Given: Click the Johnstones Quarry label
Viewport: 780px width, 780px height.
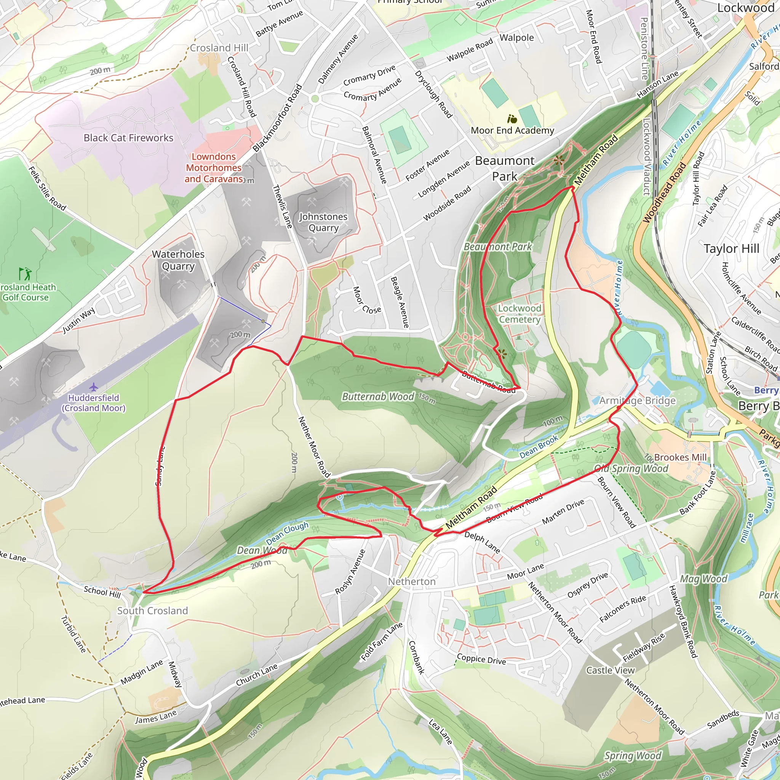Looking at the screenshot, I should coord(323,222).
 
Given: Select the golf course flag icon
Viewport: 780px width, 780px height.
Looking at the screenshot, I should coord(25,274).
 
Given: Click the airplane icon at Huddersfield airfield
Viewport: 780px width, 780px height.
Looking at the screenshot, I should coord(94,387).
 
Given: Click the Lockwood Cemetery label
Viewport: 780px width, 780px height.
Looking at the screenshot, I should coord(519,314).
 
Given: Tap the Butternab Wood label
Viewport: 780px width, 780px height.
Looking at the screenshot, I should coord(378,396).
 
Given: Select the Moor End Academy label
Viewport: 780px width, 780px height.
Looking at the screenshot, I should coord(512,130).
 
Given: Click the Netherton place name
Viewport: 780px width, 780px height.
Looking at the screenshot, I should coord(412,581).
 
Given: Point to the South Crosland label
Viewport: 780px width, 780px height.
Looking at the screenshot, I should coord(153,611).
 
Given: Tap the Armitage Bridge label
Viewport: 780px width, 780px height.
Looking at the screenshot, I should coord(637,401).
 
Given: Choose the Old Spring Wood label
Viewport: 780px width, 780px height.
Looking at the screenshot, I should coord(631,469).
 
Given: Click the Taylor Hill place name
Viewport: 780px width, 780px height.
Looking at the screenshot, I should coord(732,248).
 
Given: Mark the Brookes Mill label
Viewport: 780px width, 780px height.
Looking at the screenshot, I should coord(680,457).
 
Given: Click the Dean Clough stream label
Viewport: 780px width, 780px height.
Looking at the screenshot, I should coord(287,532).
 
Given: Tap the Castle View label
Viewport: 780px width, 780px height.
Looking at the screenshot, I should coord(611,670).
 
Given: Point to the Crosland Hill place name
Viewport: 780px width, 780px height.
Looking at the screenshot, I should coord(219,48).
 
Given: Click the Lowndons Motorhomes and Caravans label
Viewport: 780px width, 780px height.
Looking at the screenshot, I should coord(214,168).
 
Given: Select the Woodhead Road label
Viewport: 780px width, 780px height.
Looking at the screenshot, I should coord(664,193).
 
